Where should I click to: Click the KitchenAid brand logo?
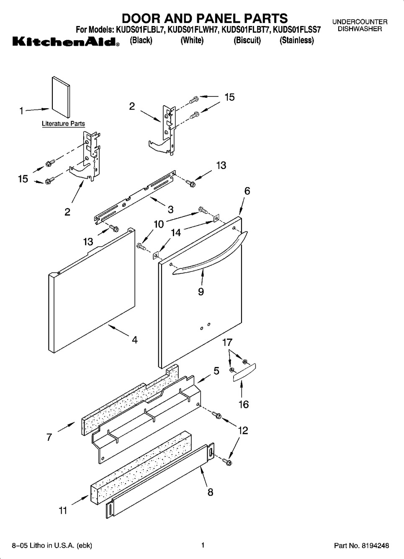[66, 42]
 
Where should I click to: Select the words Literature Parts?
[63, 124]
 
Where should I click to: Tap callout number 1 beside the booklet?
[22, 111]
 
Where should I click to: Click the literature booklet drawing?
[61, 97]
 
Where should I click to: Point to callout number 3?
[171, 209]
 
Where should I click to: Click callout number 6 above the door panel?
[247, 191]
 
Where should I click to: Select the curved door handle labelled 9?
[210, 253]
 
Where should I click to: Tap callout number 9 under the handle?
[201, 291]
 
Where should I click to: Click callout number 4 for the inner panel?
[134, 340]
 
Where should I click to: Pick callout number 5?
[216, 371]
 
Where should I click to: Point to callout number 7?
[49, 437]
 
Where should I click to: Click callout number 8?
[211, 492]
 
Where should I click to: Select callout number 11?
[63, 510]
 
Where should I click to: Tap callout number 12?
[243, 431]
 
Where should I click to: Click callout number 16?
[244, 404]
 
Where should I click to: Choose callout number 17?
[227, 342]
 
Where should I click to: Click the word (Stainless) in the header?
[297, 40]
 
